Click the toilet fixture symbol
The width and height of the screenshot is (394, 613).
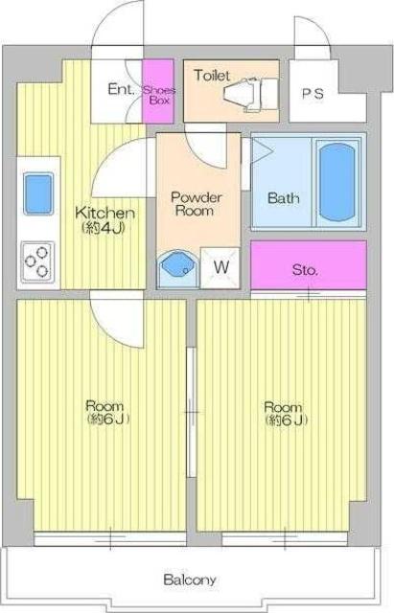250,95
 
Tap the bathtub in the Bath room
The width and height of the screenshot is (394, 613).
336,183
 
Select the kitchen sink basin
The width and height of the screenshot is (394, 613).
38,193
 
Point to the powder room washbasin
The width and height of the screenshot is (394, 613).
177,269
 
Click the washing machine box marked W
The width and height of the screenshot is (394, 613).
220,268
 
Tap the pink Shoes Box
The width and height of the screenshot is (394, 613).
157,91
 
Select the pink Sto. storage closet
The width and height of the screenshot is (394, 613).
309,265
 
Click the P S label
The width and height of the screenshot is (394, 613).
313,94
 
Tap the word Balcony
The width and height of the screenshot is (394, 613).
190,579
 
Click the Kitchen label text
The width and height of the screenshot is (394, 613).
104,220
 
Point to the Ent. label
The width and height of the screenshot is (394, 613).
122,89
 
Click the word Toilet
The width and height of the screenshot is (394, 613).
212,75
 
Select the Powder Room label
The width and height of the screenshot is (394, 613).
196,204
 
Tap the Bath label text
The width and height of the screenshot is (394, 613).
284,198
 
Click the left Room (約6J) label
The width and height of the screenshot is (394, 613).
107,412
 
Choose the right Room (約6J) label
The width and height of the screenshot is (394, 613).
286,413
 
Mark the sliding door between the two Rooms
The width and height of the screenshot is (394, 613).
192,412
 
